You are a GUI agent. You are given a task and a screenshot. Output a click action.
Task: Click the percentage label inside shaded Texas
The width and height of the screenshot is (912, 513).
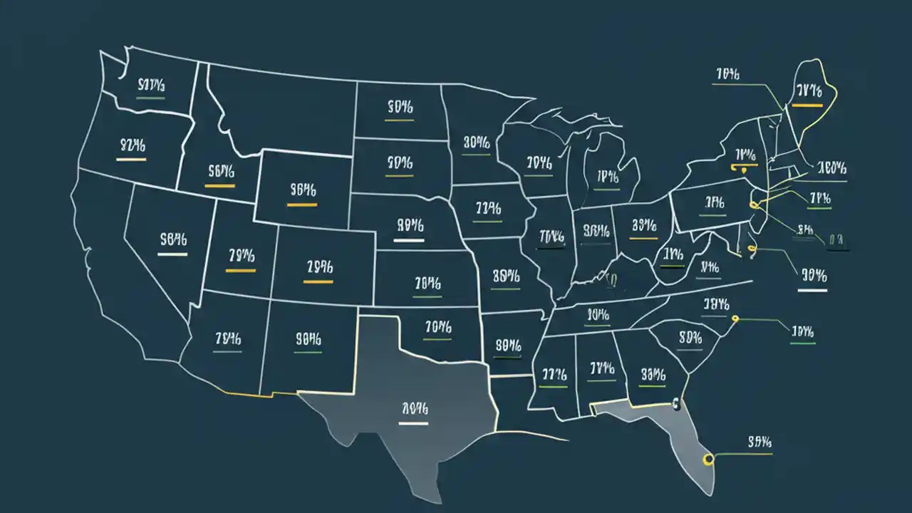pos(413,409)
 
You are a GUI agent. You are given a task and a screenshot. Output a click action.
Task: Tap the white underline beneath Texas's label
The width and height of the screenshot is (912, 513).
pos(413,423)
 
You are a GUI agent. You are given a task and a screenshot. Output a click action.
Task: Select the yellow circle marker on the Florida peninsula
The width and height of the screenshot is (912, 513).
pos(708,460)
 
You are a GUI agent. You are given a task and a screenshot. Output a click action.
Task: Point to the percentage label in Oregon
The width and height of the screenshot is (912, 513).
pos(132,146)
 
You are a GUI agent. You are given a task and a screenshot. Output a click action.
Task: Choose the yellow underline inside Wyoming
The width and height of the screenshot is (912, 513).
pos(302,204)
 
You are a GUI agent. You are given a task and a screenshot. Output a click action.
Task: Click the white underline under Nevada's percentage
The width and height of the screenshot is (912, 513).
pos(172,254)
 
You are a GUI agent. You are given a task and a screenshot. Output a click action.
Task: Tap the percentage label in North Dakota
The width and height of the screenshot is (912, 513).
pos(400,108)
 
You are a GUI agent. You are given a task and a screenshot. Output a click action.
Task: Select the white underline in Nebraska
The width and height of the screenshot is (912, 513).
pos(409,240)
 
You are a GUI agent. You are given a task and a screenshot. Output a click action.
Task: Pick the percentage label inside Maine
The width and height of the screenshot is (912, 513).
pos(809,90)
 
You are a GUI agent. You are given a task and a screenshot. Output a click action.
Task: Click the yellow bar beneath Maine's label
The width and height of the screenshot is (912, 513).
pos(807,105)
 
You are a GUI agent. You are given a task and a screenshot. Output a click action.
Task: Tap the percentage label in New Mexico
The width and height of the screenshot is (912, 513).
pos(308,340)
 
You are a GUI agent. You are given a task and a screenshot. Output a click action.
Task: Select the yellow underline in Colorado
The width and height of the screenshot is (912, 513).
pos(318,281)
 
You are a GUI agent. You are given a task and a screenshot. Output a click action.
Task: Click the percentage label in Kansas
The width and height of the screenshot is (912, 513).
pos(427,284)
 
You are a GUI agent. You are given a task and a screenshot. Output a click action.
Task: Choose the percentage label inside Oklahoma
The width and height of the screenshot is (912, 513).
pos(438,327)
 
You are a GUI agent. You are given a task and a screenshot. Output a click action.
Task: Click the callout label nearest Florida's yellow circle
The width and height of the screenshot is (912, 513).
pos(760,442)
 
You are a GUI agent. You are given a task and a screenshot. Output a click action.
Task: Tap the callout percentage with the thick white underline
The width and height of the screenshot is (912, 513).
pos(813,275)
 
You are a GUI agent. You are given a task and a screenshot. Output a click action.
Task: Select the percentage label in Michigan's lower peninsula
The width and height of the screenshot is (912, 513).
pos(607,177)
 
